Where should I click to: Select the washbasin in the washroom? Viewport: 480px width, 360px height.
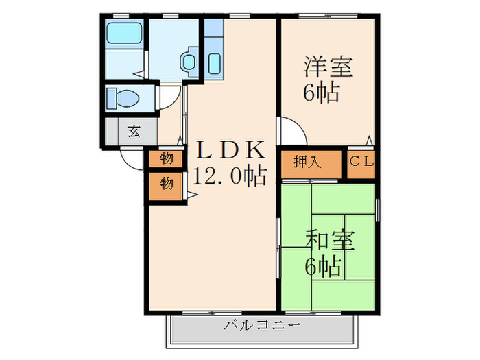tap(189, 62)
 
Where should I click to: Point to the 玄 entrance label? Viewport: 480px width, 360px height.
tap(134, 131)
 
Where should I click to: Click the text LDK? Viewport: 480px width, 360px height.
tap(230, 149)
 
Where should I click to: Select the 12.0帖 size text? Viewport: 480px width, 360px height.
tap(229, 176)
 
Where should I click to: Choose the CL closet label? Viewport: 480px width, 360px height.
tap(361, 163)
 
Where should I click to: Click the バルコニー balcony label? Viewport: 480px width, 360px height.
tap(262, 325)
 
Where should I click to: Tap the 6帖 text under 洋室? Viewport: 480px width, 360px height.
tap(323, 93)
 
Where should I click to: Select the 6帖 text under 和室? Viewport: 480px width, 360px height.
tap(323, 267)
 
